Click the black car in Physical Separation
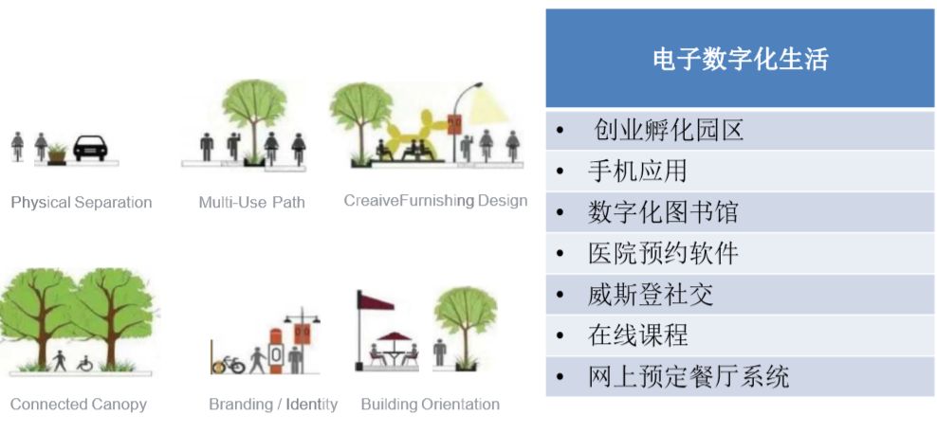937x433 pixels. point(90,148)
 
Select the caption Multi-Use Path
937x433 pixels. point(251,203)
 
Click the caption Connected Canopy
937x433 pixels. point(79,405)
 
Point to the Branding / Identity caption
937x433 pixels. point(273,405)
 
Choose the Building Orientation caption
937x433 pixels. point(431,405)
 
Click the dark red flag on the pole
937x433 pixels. point(377,300)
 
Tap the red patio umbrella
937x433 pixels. point(395,337)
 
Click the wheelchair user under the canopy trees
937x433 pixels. point(84,363)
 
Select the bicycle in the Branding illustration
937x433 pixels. point(229,365)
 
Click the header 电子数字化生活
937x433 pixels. point(741,59)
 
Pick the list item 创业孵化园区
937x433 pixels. point(668,129)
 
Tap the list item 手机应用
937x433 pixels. point(637,171)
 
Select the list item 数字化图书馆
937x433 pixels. point(663,212)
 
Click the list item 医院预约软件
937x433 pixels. point(663,253)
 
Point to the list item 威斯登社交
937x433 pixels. point(651,295)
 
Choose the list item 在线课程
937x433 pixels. point(637,335)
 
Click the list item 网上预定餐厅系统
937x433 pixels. point(689,377)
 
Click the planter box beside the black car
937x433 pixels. point(57,156)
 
